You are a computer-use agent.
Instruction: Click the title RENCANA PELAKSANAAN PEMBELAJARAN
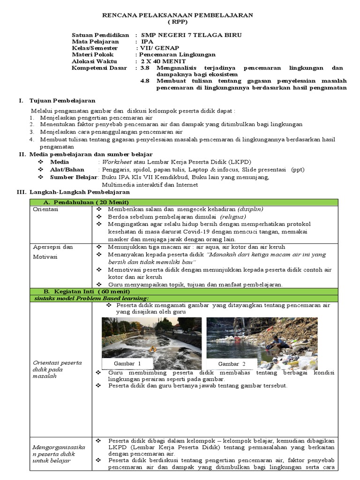(178, 15)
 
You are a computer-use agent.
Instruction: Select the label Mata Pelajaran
(95, 42)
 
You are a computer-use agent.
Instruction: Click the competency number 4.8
(145, 81)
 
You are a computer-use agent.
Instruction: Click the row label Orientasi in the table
(45, 210)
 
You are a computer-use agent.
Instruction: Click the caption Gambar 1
(127, 363)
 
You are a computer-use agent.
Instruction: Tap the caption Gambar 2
(232, 363)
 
